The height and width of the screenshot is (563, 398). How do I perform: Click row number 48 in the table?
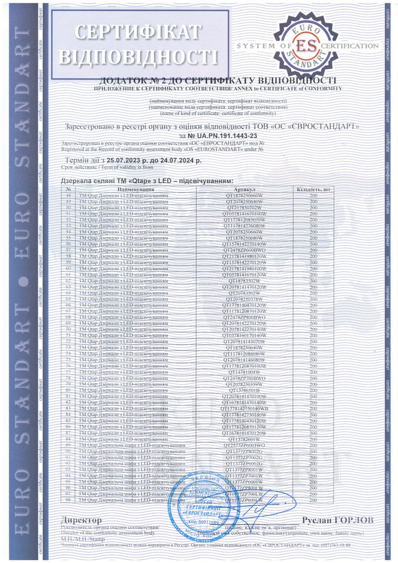(68, 195)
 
